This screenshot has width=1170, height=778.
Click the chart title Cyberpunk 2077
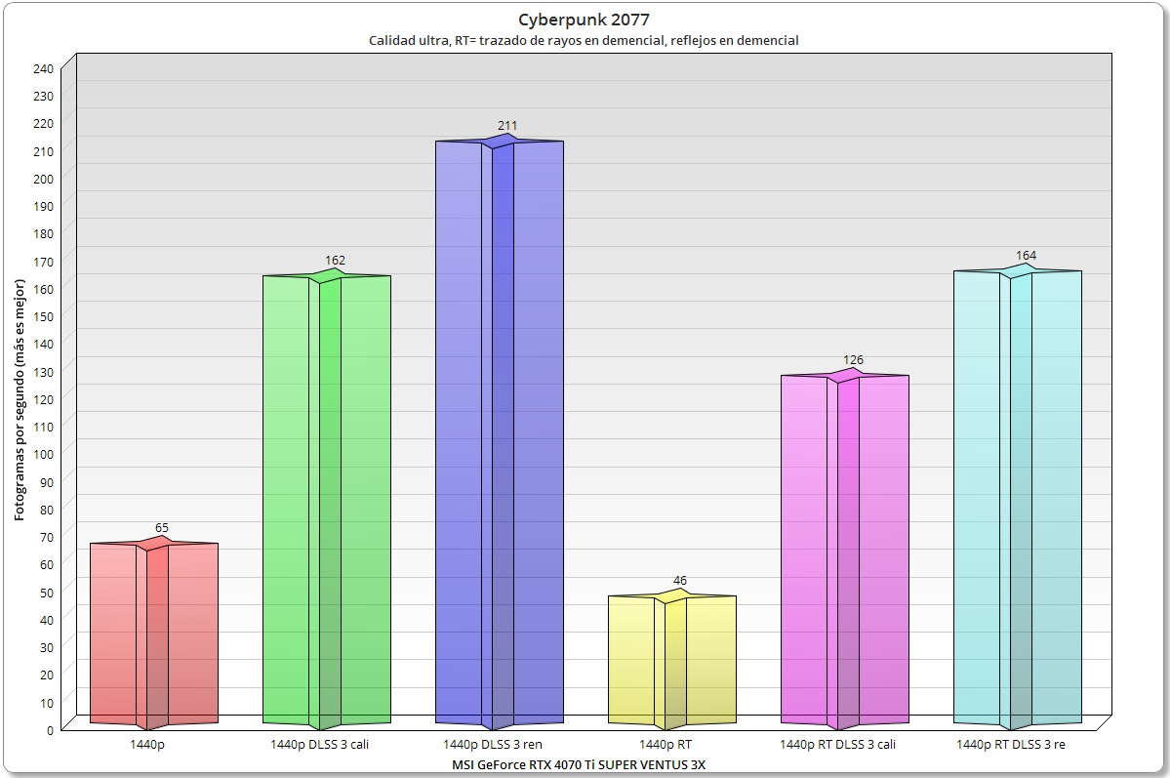coord(585,20)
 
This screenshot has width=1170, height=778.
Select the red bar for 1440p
coord(154,635)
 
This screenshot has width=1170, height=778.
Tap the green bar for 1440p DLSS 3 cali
coord(327,498)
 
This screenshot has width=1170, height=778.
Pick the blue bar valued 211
coord(499,430)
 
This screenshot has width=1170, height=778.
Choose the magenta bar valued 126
coord(845,547)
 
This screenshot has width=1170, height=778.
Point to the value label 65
coord(162,528)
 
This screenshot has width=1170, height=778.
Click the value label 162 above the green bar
coord(336,261)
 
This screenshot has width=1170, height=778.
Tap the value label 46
coord(680,581)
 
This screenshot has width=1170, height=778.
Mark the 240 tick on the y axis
coord(44,68)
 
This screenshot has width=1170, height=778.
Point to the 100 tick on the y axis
coord(44,454)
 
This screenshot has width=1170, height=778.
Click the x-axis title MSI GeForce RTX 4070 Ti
coord(579,763)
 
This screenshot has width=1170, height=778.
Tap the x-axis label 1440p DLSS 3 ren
coord(500,744)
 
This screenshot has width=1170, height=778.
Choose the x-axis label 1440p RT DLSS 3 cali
coord(838,744)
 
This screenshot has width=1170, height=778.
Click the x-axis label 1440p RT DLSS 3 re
coord(1011,744)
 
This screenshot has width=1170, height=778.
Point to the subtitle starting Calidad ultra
coord(584,41)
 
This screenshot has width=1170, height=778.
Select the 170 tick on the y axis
coord(44,261)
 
